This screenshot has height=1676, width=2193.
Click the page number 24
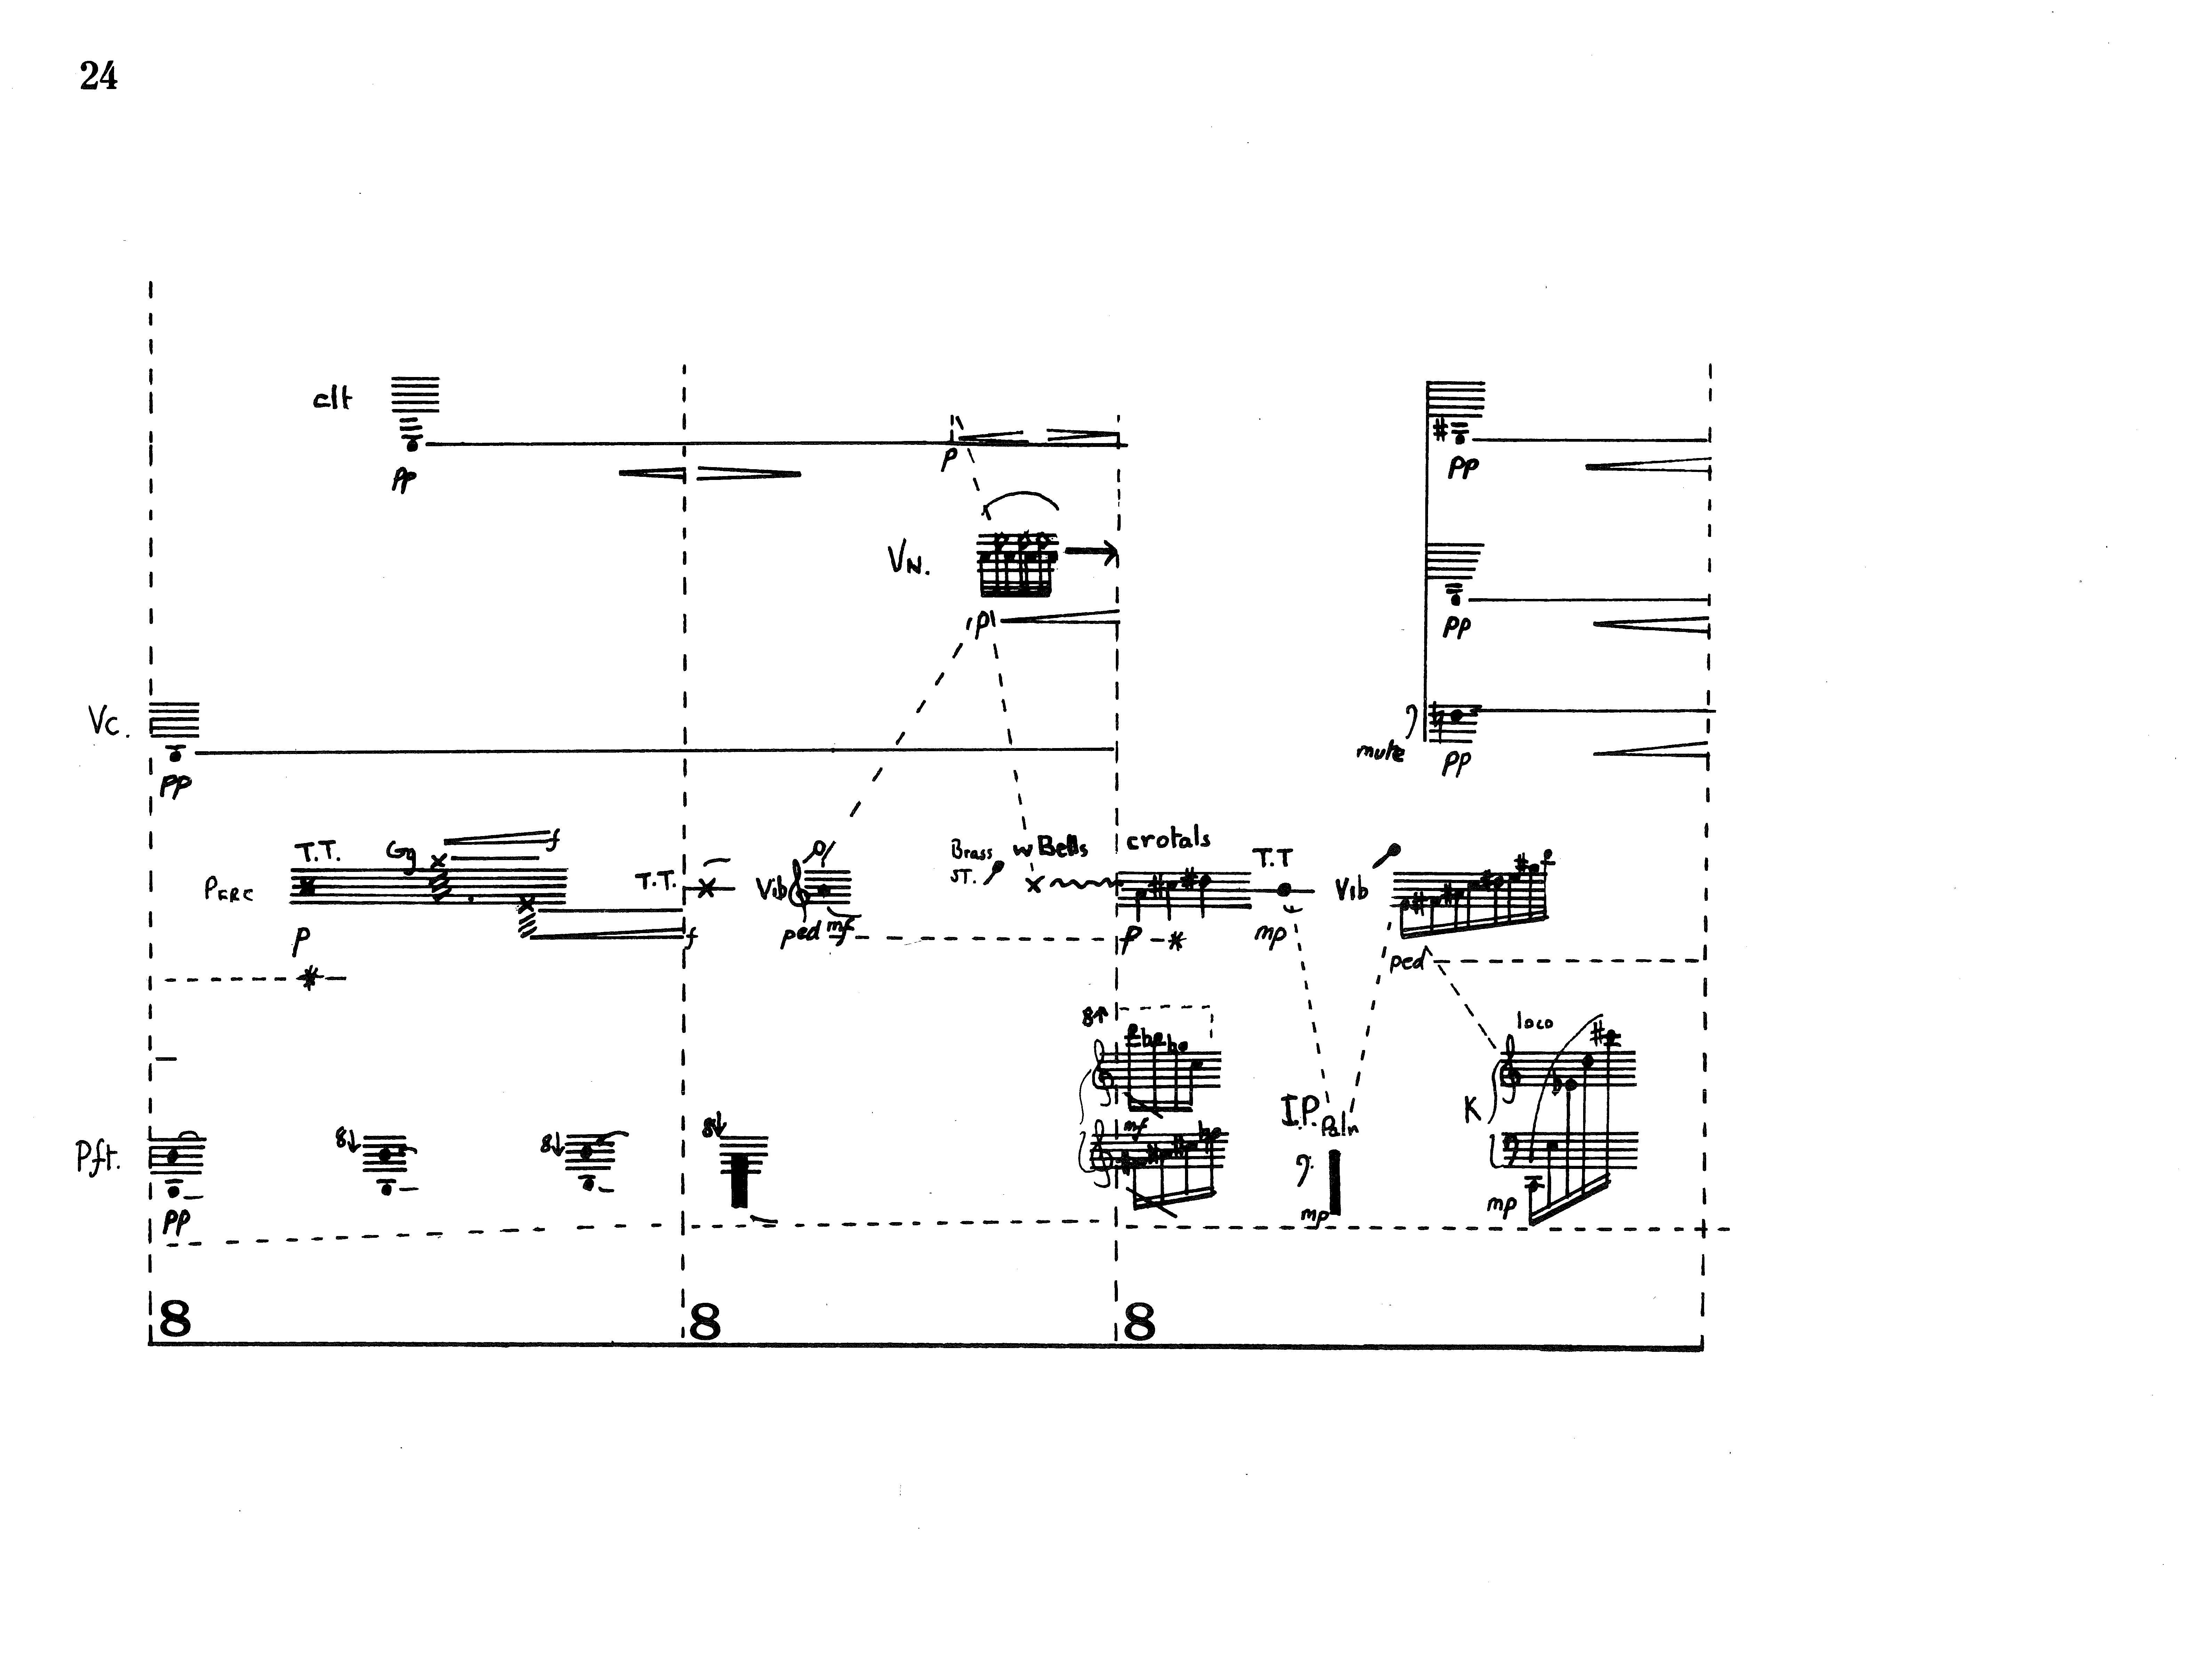coord(99,76)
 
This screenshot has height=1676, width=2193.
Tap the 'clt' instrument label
coord(332,399)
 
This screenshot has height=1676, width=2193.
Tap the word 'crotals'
coord(1168,839)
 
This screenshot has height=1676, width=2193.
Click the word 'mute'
coord(1380,751)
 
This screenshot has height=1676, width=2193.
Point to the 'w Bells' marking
coord(1050,849)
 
